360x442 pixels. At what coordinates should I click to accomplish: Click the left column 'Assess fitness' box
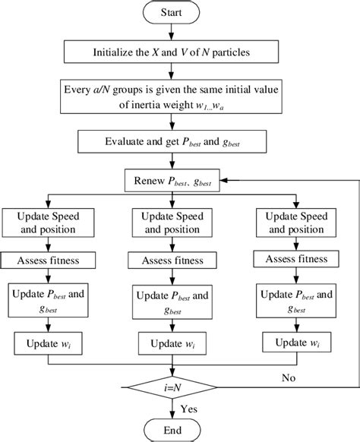(50, 260)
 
